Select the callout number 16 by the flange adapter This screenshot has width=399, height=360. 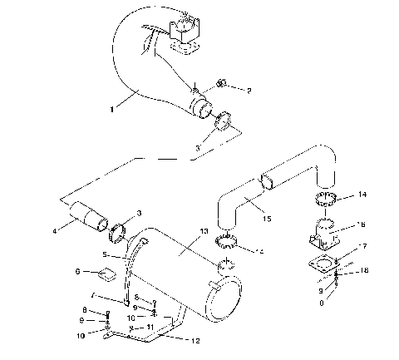[x=360, y=225]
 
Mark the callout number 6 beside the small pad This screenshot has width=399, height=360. [x=78, y=271]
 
